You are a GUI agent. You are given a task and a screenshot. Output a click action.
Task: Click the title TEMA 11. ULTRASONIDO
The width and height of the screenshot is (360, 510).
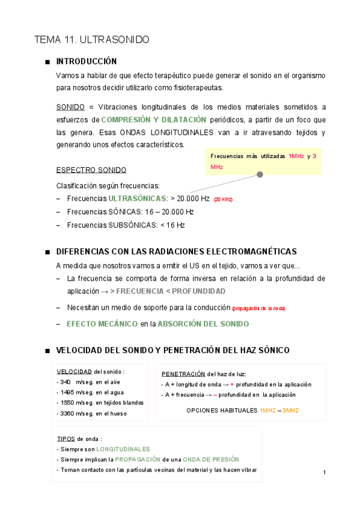click(92, 40)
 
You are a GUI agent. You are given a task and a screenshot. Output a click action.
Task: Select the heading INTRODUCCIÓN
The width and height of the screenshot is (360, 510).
click(86, 61)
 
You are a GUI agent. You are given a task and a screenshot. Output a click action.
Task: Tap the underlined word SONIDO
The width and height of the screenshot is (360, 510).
click(70, 107)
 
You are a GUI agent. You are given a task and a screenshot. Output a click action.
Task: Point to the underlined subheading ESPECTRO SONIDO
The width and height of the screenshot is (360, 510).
click(91, 170)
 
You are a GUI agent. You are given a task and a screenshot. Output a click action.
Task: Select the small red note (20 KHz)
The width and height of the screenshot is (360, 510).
click(223, 199)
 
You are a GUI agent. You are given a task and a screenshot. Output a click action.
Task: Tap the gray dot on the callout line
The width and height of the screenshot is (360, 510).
click(260, 175)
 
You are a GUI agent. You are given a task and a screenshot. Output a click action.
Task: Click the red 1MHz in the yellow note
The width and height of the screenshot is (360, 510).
click(296, 156)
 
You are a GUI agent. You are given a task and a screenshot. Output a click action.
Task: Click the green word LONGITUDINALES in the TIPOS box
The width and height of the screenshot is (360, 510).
click(123, 449)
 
